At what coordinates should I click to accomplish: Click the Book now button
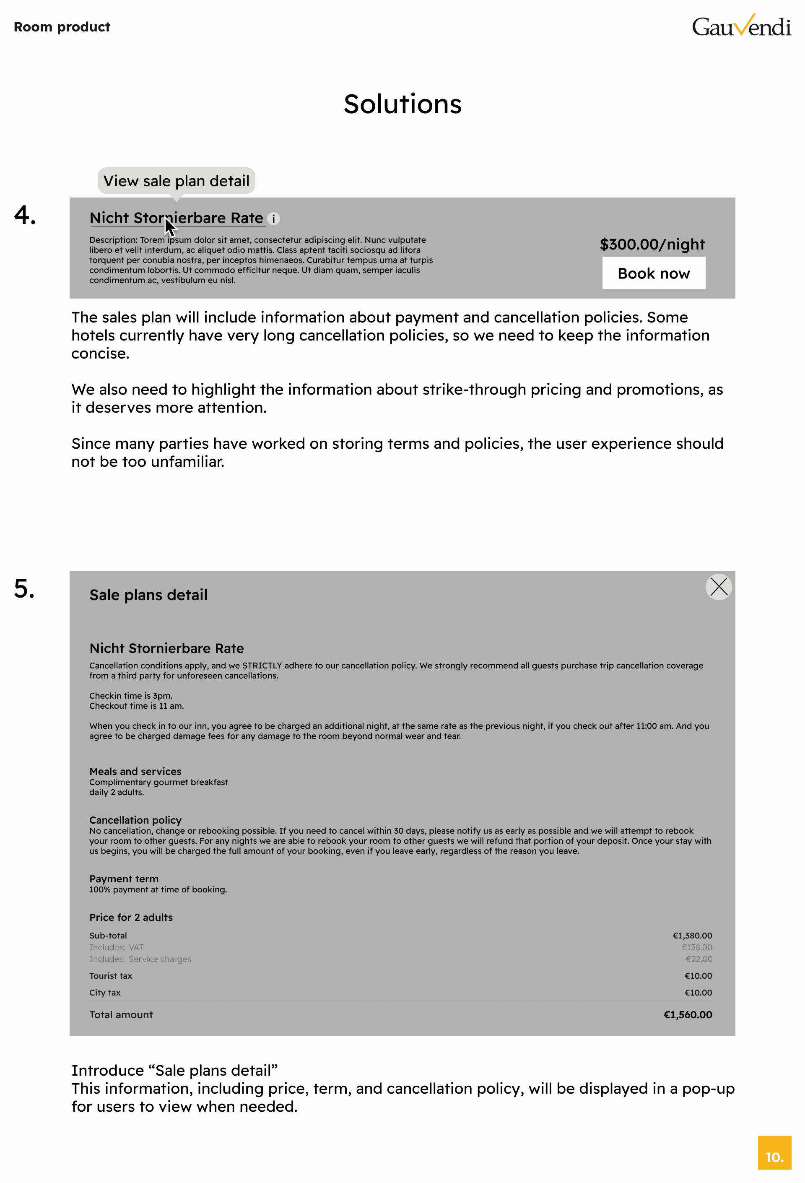tap(653, 273)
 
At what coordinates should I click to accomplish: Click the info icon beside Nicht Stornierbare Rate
tap(273, 219)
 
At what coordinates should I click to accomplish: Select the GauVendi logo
tap(741, 26)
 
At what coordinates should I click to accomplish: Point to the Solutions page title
tap(402, 104)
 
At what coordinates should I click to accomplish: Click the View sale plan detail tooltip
tap(176, 181)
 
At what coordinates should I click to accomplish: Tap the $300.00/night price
tap(652, 244)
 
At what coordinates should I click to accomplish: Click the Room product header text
tap(62, 27)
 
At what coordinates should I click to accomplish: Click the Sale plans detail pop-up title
tap(148, 595)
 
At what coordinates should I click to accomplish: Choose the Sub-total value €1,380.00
tap(692, 936)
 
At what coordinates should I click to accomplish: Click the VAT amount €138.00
tap(696, 947)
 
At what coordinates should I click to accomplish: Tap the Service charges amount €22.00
tap(698, 959)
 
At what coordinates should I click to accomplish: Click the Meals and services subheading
tap(135, 771)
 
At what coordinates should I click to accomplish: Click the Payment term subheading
tap(124, 879)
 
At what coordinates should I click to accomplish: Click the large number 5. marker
tap(24, 588)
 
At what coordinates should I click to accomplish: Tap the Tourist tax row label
tap(110, 976)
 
